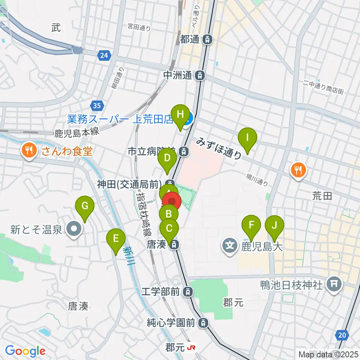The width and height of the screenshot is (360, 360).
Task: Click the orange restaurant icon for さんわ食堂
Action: (29, 151)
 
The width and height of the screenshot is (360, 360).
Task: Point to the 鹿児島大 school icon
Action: (229, 246)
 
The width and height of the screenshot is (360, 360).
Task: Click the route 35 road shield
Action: (97, 106)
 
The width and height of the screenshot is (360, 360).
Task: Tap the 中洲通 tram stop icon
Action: (201, 75)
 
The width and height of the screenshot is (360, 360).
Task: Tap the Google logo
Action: (25, 351)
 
